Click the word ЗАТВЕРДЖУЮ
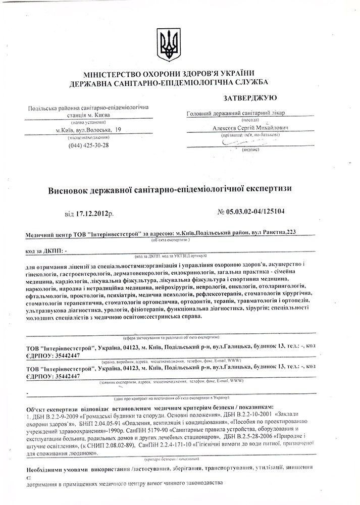coord(249,97)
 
